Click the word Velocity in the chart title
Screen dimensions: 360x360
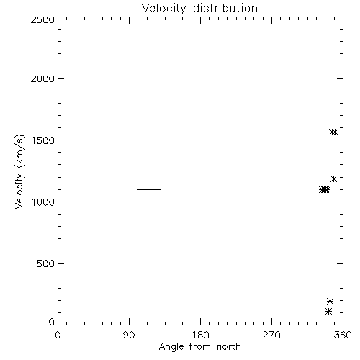(163, 9)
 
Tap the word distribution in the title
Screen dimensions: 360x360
(225, 8)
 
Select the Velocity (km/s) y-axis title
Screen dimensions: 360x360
(19, 171)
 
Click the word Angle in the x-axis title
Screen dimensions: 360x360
(171, 347)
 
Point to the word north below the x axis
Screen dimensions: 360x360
(229, 346)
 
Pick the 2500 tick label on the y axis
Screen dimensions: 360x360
(42, 19)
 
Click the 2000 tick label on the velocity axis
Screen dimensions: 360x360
(42, 78)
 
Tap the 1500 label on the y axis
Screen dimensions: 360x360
(43, 140)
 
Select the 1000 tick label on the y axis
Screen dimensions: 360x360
(43, 202)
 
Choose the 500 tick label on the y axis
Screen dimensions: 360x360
(45, 264)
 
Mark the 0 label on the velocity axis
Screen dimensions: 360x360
(52, 322)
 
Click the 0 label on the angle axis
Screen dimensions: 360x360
(58, 335)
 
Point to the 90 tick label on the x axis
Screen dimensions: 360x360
(129, 335)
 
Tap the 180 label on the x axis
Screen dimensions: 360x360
(200, 335)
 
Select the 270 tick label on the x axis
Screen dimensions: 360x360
(271, 335)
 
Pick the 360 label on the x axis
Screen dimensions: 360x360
(343, 335)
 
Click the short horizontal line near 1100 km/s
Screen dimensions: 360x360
(149, 189)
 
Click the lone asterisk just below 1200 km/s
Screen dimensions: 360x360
(333, 179)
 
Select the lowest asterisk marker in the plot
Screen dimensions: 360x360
(328, 312)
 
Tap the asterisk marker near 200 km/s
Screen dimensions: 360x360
(330, 301)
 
